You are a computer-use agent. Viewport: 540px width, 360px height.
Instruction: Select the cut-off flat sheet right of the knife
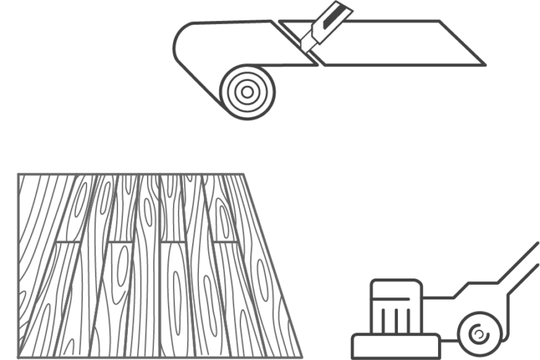click(394, 43)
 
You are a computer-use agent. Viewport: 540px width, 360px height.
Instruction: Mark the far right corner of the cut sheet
click(485, 65)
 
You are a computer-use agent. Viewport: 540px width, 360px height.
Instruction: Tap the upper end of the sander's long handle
click(536, 245)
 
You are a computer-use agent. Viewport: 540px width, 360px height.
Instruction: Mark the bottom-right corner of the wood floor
click(301, 356)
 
